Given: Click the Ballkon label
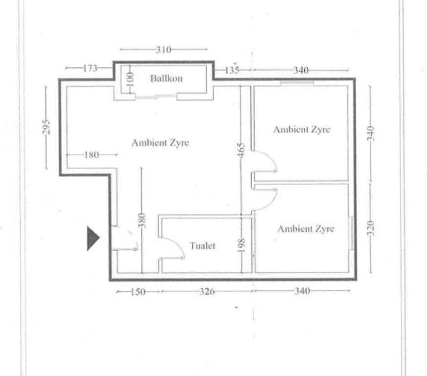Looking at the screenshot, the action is coord(166,78).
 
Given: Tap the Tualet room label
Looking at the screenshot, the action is coord(202,246).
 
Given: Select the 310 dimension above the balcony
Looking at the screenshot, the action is coord(163,49).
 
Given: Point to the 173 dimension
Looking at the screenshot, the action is coord(90,68).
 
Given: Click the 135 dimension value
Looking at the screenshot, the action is coord(232,70).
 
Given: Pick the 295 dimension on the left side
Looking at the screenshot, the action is coord(46,127).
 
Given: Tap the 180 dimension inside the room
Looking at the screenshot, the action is coord(91,155).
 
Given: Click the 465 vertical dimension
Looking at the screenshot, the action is coord(241,150).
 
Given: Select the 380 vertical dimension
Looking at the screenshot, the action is coord(142,221).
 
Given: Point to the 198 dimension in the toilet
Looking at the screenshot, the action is coord(242,246).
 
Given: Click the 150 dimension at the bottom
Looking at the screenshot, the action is coord(138,292).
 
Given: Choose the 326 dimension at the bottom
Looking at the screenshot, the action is coord(207,291).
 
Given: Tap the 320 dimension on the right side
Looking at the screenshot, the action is coord(371,228).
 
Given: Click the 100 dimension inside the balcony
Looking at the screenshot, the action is coord(131,79).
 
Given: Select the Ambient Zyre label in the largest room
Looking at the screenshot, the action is coord(160,142).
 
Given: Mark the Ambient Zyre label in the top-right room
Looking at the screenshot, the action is coord(302,129).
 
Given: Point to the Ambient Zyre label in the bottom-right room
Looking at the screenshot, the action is coord(306,229).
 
